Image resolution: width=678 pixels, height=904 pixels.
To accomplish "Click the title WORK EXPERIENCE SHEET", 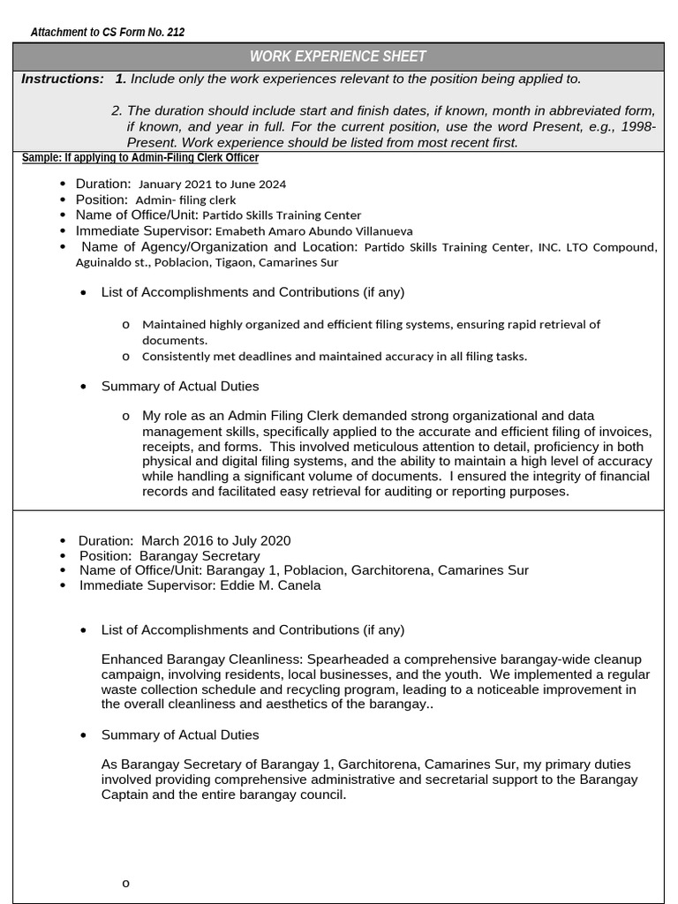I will (x=338, y=56).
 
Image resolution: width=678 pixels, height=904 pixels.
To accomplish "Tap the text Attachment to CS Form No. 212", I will (x=108, y=33).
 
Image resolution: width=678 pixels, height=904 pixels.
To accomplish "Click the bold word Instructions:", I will (x=62, y=79).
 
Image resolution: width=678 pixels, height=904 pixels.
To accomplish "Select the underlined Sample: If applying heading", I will (x=139, y=158).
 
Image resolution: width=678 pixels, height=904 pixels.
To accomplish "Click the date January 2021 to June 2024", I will (x=212, y=185).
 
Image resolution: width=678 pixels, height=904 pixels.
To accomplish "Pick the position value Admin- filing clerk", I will (x=185, y=200).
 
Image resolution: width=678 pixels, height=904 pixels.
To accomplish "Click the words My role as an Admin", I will (x=205, y=416).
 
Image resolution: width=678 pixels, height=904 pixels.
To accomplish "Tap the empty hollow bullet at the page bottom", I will (x=126, y=883).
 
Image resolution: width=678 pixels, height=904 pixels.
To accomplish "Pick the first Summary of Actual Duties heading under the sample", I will (x=180, y=387).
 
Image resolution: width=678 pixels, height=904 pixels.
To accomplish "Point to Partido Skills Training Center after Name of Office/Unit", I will (x=282, y=215).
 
